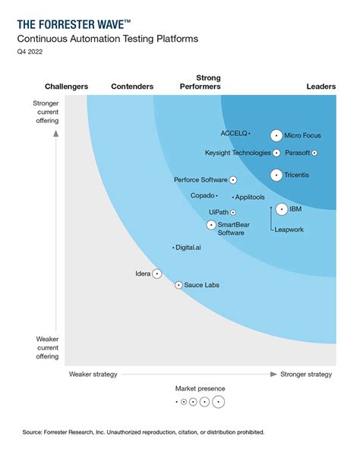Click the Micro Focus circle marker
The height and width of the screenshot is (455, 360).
[x=276, y=136]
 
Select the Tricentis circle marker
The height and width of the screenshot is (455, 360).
[x=276, y=175]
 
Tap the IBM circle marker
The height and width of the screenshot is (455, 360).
[x=281, y=209]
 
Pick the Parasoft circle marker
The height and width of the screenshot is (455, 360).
[x=314, y=153]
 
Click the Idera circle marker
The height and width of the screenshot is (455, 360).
[x=156, y=273]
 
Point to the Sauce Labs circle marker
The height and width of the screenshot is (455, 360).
[x=178, y=285]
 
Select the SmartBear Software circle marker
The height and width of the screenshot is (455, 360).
[x=211, y=225]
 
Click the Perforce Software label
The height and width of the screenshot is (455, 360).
[x=201, y=180]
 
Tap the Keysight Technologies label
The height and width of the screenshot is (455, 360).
[x=237, y=153]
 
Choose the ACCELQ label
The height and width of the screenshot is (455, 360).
[x=233, y=133]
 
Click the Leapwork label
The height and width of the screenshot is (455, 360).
[x=289, y=229]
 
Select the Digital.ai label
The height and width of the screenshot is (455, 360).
[x=188, y=248]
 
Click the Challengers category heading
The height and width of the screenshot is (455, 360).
[x=66, y=87]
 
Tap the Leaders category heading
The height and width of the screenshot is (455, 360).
[x=321, y=87]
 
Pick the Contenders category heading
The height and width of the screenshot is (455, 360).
[x=132, y=87]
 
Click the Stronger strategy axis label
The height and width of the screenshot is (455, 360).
[x=306, y=374]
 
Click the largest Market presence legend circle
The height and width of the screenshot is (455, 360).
[x=218, y=402]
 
